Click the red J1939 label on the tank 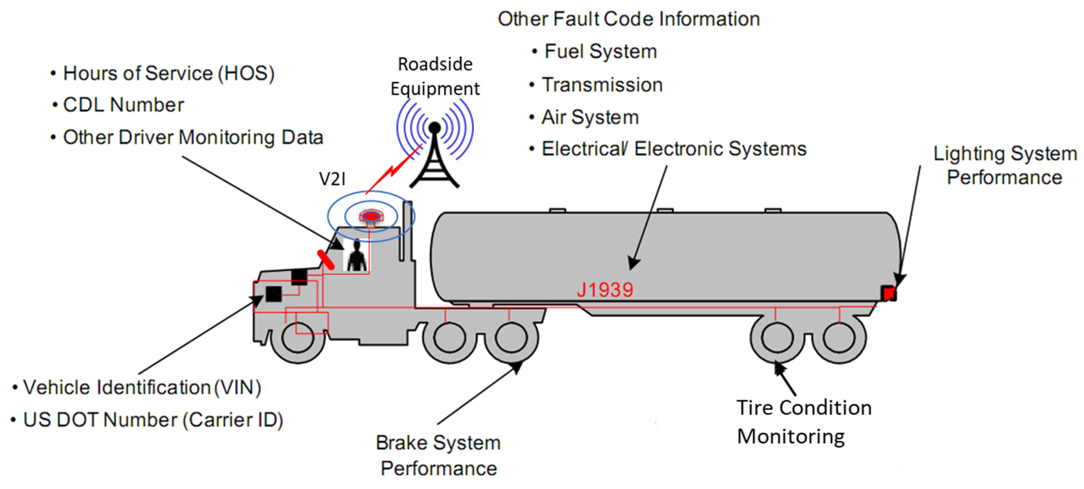[x=604, y=290]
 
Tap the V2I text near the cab [x=332, y=179]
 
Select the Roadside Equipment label [x=435, y=77]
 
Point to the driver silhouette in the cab [x=356, y=256]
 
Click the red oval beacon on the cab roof [x=371, y=216]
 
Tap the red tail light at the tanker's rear [x=888, y=293]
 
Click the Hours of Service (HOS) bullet [x=168, y=73]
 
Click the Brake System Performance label [x=438, y=455]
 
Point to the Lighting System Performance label [x=1004, y=165]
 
